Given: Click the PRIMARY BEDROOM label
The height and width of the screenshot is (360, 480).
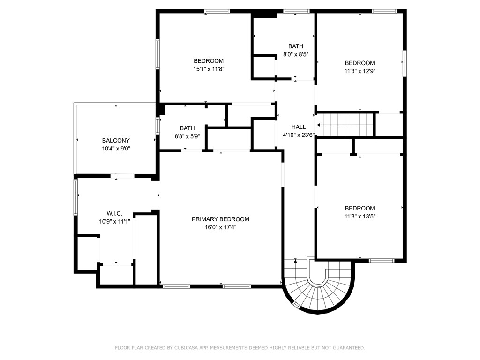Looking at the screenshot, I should (220, 219).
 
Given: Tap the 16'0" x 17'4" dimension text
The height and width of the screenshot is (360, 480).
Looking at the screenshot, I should (220, 227).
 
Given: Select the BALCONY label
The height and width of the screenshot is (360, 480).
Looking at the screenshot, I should (116, 140).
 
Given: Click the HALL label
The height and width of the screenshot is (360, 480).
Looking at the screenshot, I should (299, 127).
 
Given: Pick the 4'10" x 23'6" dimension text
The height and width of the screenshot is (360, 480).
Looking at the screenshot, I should (299, 135).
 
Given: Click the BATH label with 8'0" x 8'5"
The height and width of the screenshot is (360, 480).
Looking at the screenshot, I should (295, 46).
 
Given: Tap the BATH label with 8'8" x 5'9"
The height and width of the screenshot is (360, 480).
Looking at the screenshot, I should (187, 128).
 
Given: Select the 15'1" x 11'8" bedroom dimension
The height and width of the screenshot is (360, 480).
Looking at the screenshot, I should (209, 69).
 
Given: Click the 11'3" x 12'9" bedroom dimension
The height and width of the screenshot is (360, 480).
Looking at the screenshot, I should (360, 71).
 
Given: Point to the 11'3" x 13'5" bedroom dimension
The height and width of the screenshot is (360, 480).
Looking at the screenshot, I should (360, 217).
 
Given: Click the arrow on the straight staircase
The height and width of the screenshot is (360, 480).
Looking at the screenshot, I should (320, 125).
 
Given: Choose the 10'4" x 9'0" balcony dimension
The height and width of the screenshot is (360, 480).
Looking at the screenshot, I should (116, 149).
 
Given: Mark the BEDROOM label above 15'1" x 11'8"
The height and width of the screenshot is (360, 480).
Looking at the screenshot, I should (209, 61).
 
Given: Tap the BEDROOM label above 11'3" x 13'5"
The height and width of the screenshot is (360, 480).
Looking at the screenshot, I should (360, 209).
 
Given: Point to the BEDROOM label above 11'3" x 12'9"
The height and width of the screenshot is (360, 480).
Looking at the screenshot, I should (360, 63).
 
